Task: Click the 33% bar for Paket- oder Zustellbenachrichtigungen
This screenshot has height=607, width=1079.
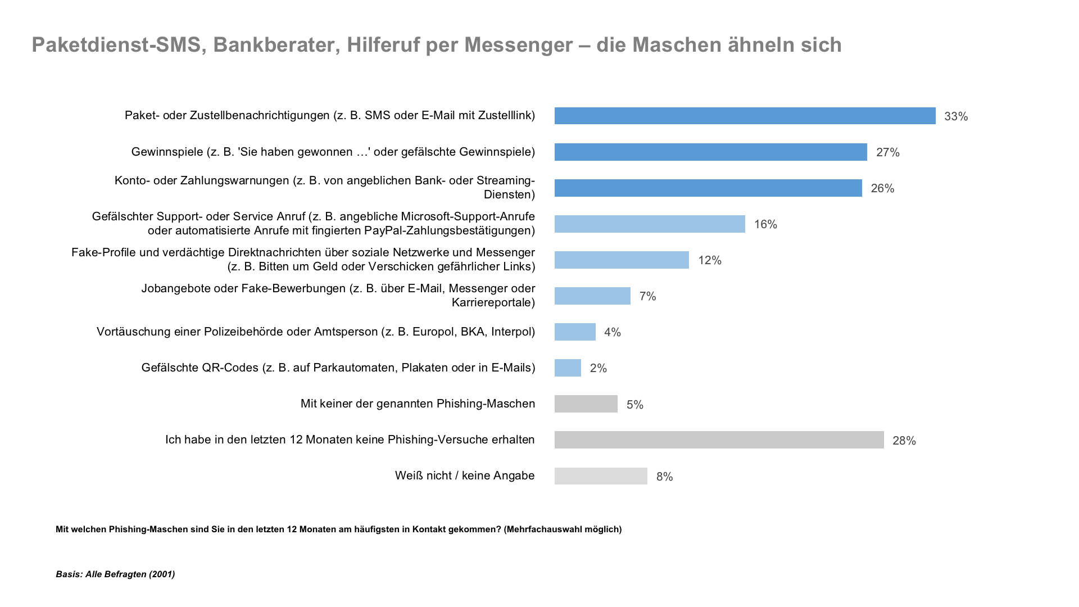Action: click(x=745, y=116)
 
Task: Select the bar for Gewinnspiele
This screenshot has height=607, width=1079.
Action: click(x=710, y=152)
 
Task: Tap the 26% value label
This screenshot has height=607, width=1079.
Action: click(x=882, y=188)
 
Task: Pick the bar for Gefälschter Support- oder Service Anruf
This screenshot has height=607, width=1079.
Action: click(x=650, y=224)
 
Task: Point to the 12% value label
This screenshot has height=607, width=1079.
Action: click(x=710, y=260)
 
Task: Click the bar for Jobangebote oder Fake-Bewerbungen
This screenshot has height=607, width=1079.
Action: click(x=592, y=296)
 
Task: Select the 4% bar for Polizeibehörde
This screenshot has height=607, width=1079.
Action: click(x=575, y=332)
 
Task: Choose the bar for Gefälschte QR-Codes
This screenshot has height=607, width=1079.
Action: click(x=568, y=368)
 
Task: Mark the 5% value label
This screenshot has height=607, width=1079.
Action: click(x=635, y=405)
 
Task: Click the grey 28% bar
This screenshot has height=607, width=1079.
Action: click(x=719, y=440)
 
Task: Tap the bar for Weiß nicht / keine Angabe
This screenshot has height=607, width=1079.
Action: click(x=601, y=475)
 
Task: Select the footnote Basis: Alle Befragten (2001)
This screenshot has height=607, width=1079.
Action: click(x=115, y=574)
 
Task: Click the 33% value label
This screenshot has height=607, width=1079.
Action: click(x=956, y=116)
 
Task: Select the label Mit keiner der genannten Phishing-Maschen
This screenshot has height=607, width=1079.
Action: click(x=418, y=404)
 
